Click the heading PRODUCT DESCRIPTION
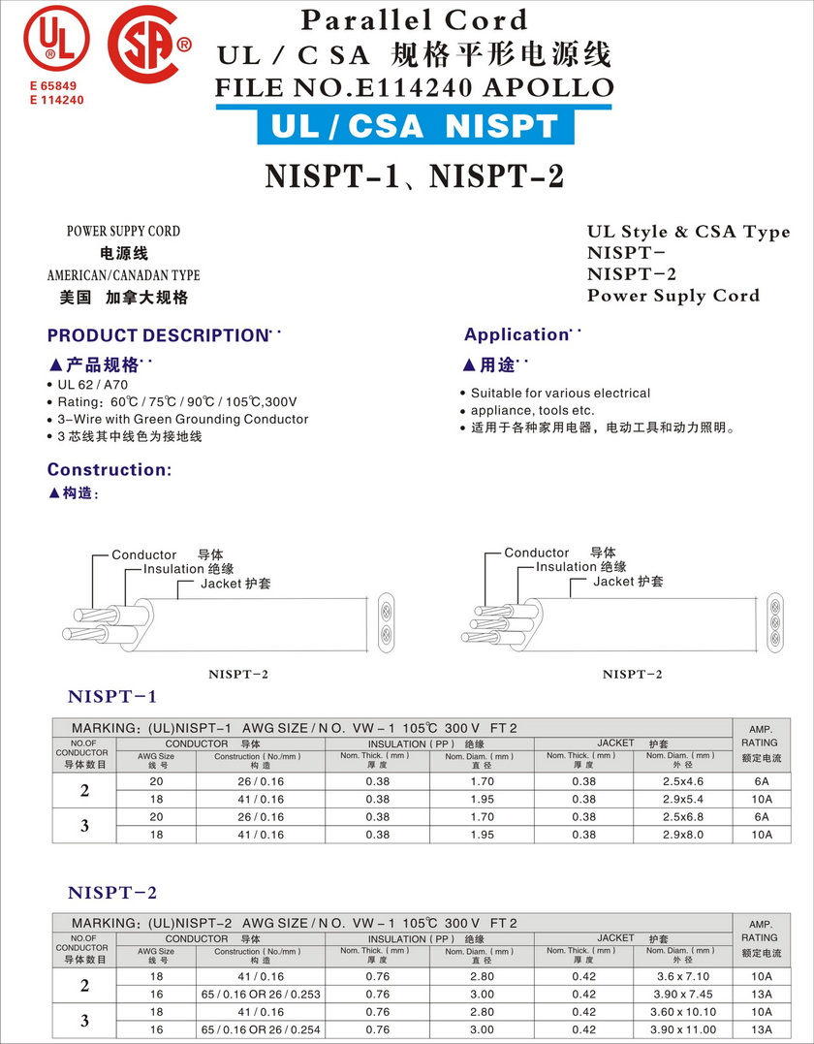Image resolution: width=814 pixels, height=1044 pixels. click(x=157, y=335)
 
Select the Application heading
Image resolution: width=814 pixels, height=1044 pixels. click(x=516, y=334)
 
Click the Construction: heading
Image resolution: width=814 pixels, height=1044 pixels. click(x=109, y=469)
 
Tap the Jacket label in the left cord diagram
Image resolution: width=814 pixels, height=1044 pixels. click(x=235, y=584)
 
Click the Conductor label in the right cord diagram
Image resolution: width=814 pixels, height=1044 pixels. click(x=536, y=553)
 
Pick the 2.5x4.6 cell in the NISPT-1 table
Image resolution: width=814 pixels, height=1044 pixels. click(x=682, y=780)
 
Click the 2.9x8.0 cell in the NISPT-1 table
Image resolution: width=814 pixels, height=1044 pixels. click(x=682, y=835)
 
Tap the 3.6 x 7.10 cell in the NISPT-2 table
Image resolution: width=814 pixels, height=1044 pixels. click(x=682, y=976)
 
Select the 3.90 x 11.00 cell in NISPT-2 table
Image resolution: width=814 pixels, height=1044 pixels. click(x=682, y=1029)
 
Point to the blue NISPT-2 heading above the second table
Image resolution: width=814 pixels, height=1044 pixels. click(x=112, y=892)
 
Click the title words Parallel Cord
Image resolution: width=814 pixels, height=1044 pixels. click(x=414, y=19)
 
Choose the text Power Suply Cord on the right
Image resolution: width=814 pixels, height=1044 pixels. click(x=673, y=296)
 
